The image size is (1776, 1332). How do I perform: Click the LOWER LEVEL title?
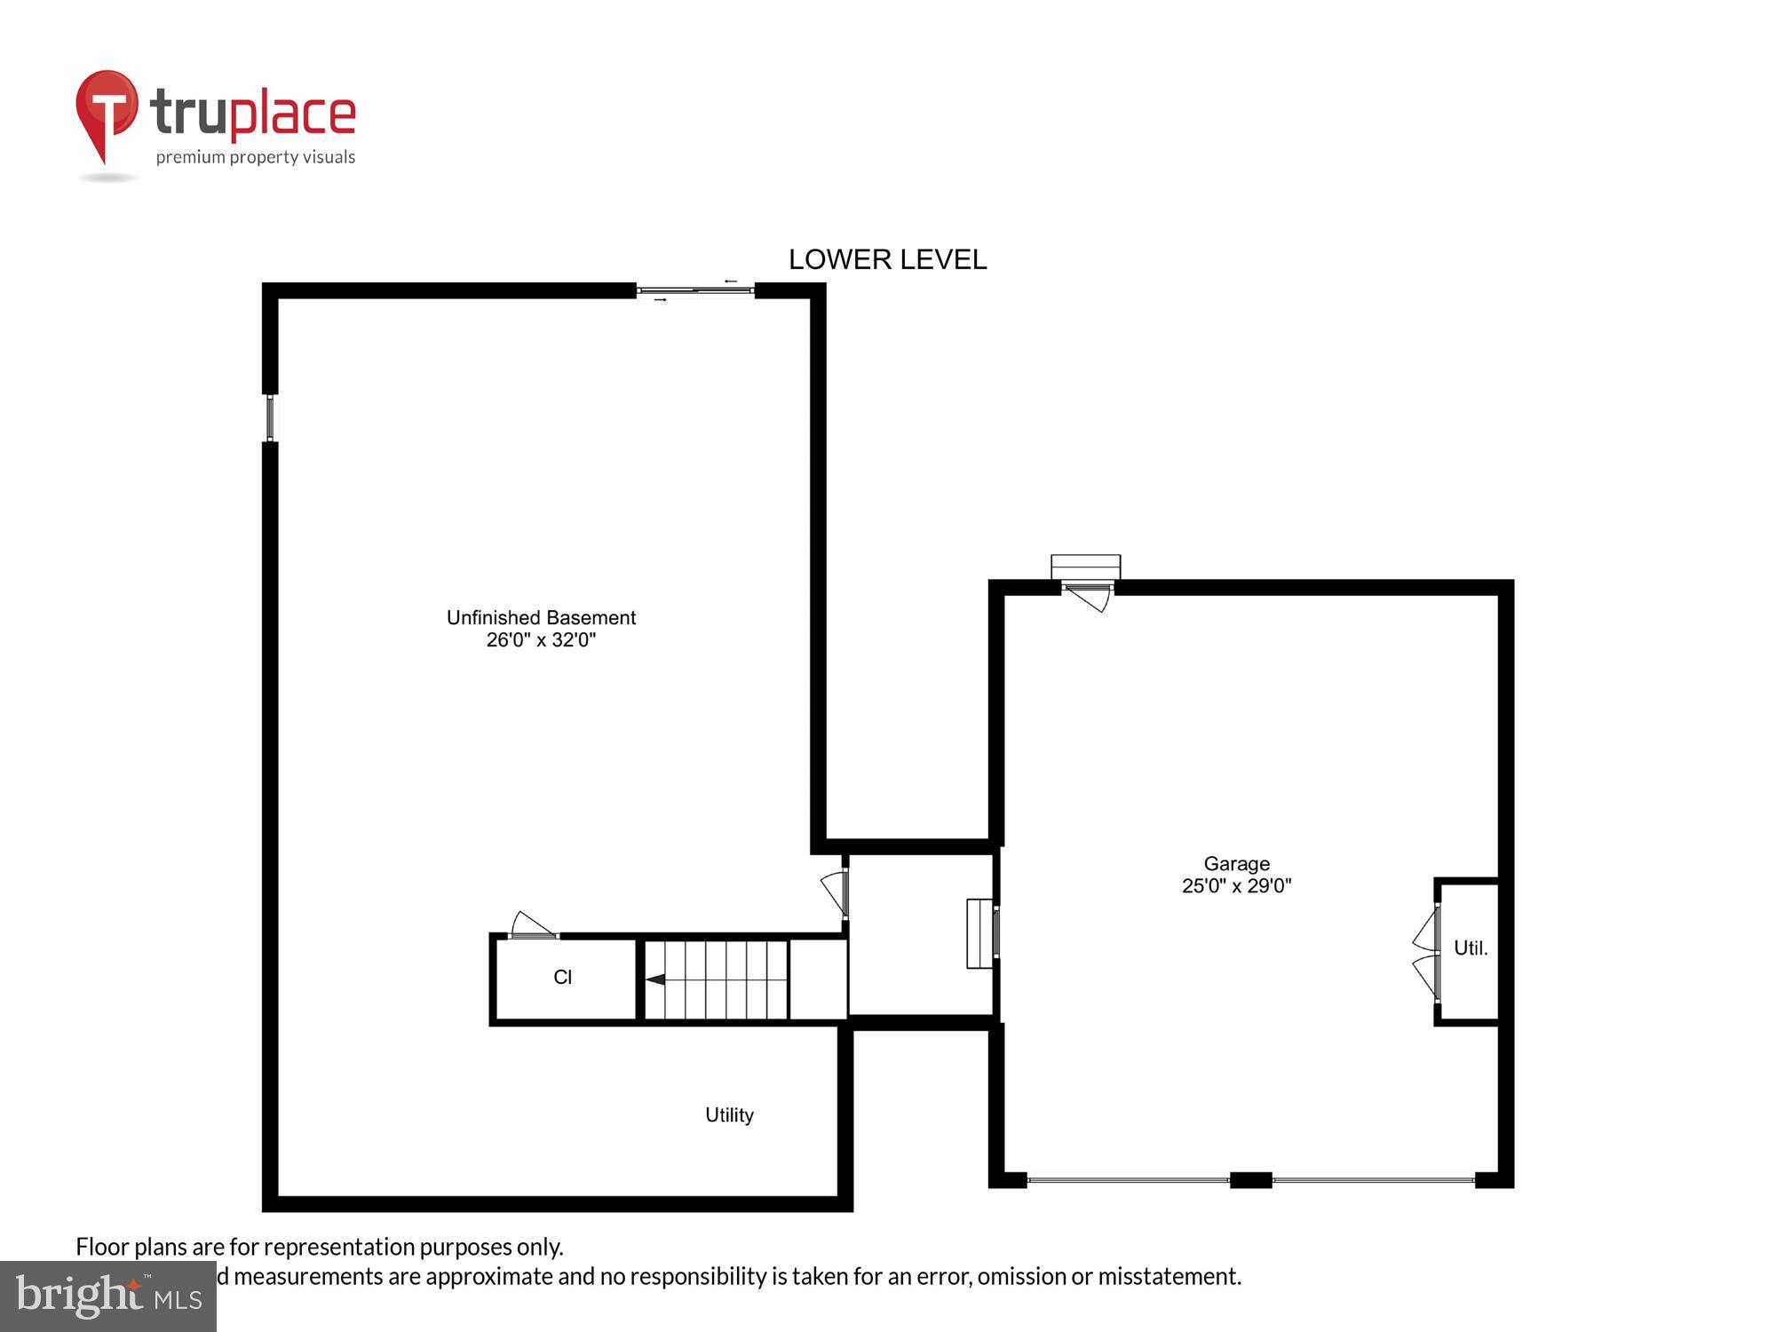tap(887, 259)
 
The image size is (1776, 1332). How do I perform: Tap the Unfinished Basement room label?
tap(541, 617)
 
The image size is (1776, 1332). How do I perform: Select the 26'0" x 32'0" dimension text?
tap(541, 640)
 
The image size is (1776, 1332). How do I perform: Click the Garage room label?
tap(1236, 863)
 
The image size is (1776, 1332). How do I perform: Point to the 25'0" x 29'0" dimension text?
tap(1236, 885)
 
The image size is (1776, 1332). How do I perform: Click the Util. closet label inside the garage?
tap(1470, 948)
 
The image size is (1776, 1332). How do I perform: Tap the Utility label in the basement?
tap(729, 1115)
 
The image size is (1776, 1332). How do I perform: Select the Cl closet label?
tap(562, 978)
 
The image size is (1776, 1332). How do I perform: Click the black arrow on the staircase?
tap(655, 979)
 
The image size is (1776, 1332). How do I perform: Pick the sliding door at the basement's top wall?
tap(695, 290)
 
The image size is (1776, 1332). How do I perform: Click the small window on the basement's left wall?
tap(270, 417)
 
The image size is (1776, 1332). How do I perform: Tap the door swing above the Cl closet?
tap(533, 925)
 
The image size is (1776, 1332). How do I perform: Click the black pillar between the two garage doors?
tap(1250, 1180)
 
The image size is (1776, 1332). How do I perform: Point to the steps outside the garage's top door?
tap(1085, 567)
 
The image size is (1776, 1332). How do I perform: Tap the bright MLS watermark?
tap(107, 1296)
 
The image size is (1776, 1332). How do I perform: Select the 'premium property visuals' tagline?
tap(256, 158)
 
